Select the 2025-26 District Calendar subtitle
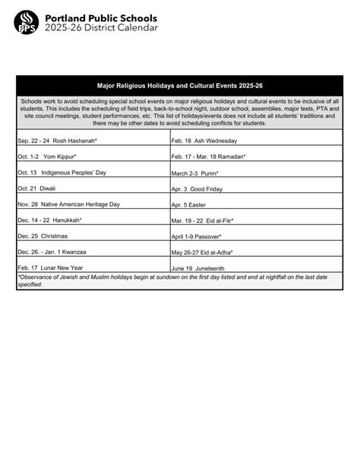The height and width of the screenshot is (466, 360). click(x=101, y=28)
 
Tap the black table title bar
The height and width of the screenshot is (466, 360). click(x=180, y=86)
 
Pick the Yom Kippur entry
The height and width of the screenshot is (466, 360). click(x=51, y=157)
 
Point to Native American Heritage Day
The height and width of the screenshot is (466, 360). click(x=69, y=204)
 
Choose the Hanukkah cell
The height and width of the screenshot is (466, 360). click(x=50, y=220)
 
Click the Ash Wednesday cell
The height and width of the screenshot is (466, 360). click(x=204, y=141)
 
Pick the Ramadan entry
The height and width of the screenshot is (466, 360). click(x=209, y=157)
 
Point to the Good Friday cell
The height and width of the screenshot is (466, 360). click(x=197, y=188)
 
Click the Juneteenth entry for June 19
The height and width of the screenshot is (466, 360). click(x=198, y=268)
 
